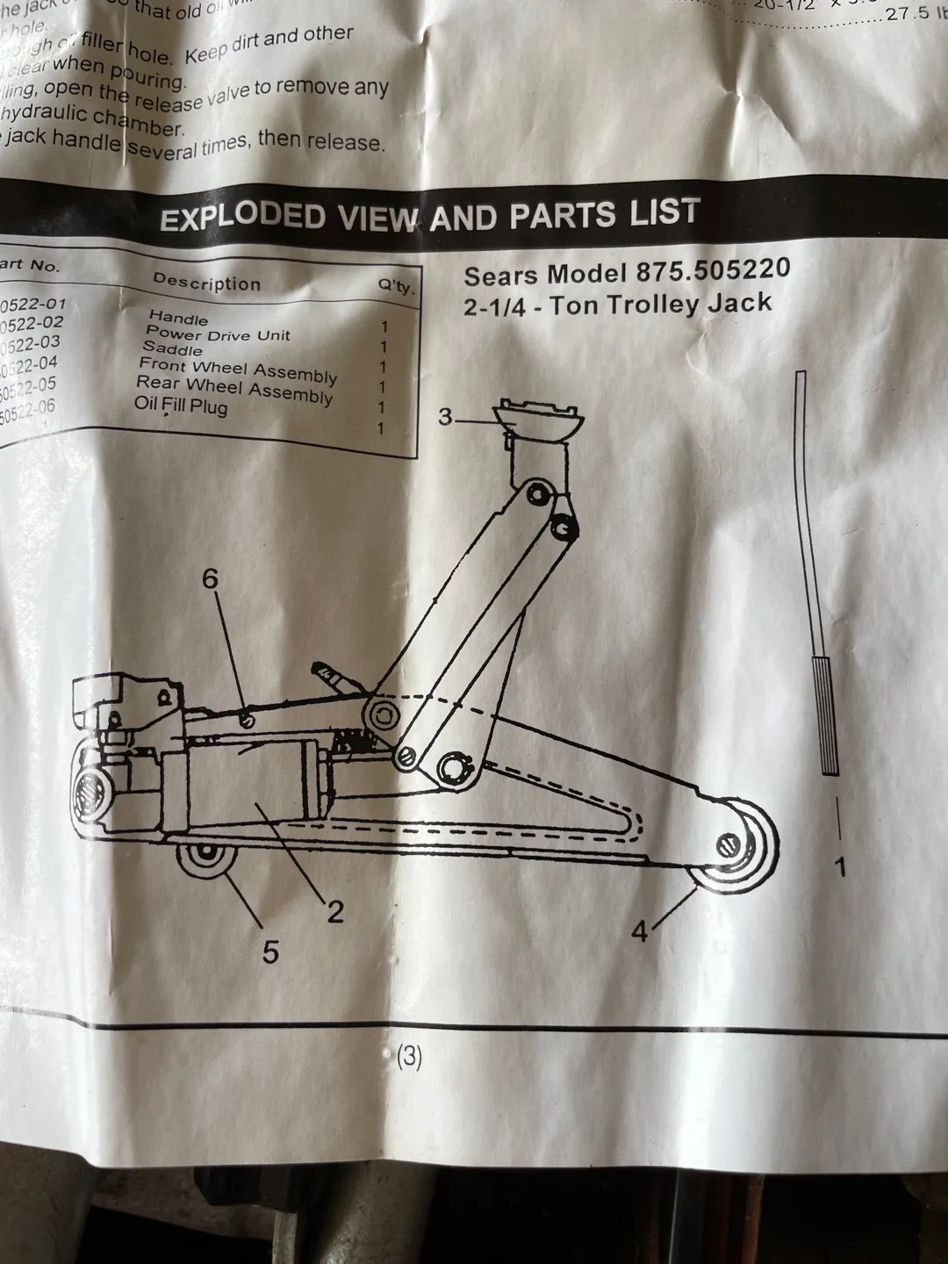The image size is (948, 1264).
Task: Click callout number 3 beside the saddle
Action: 446,417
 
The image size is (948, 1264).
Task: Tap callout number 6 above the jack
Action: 210,579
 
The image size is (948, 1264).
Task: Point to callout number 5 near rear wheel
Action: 270,952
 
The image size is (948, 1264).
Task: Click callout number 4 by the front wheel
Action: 640,931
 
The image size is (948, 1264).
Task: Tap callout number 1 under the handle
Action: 840,868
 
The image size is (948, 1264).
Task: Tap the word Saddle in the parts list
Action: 173,348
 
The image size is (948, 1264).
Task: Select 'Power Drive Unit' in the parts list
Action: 218,334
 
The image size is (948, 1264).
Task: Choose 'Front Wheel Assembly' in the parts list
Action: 238,371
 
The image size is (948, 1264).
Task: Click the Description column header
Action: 206,283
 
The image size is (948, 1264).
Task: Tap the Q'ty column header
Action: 396,287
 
